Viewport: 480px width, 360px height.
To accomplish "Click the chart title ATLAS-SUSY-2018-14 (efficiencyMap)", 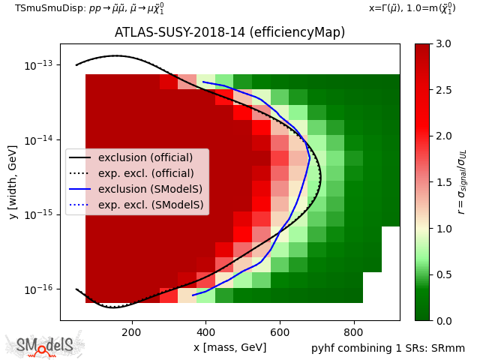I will pyautogui.click(x=229, y=32).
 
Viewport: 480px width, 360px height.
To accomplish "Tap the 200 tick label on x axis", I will pyautogui.click(x=131, y=332).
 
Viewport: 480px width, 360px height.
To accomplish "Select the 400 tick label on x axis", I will pyautogui.click(x=205, y=332).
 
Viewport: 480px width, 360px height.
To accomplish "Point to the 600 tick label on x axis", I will pyautogui.click(x=280, y=332).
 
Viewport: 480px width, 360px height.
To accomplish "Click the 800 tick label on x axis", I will pyautogui.click(x=354, y=332).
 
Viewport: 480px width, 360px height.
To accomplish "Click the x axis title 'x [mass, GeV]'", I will pyautogui.click(x=229, y=347).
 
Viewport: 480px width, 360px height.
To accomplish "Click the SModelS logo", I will pyautogui.click(x=45, y=345).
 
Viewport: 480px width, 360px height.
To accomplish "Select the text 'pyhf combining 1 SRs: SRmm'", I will pyautogui.click(x=388, y=348).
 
